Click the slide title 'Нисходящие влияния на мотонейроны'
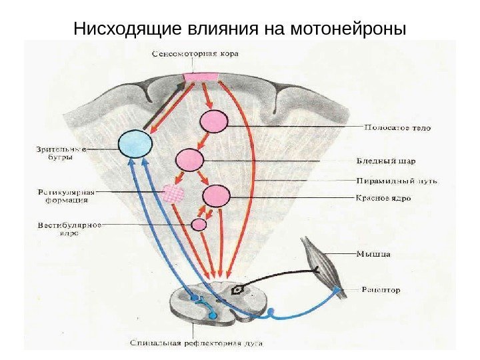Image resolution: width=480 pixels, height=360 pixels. tap(239, 29)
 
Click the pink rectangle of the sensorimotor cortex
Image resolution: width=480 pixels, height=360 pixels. tap(201, 77)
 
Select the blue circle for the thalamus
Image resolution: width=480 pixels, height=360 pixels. tap(134, 143)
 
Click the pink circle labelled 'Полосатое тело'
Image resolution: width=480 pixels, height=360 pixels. tap(215, 122)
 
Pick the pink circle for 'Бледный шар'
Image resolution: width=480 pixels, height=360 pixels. tap(189, 160)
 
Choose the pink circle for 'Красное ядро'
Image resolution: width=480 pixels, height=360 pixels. tap(216, 196)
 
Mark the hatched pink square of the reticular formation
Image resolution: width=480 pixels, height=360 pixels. tap(173, 193)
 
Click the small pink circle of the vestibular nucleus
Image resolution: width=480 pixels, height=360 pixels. tap(199, 225)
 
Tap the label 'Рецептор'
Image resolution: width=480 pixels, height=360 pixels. tap(381, 290)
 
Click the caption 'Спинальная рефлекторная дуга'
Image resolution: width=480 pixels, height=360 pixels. tap(196, 344)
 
